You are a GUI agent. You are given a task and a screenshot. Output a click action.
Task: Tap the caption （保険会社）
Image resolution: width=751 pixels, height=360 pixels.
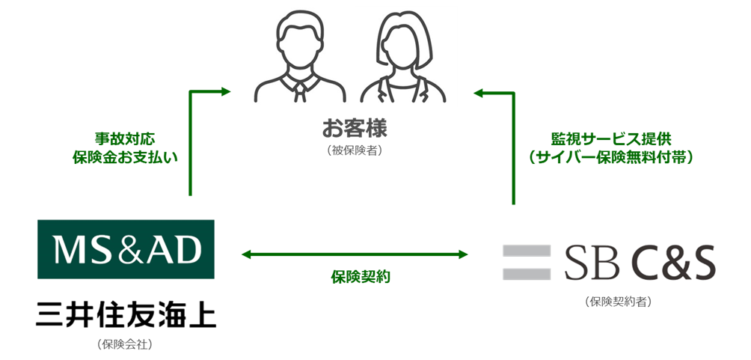125,344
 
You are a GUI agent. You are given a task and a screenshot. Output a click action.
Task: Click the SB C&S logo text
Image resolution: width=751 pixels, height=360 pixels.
640,263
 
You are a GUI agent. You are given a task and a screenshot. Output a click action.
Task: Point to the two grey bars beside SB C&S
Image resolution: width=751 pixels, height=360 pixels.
525,262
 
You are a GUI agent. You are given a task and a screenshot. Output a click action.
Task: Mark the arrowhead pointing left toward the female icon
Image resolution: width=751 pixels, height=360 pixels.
479,94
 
